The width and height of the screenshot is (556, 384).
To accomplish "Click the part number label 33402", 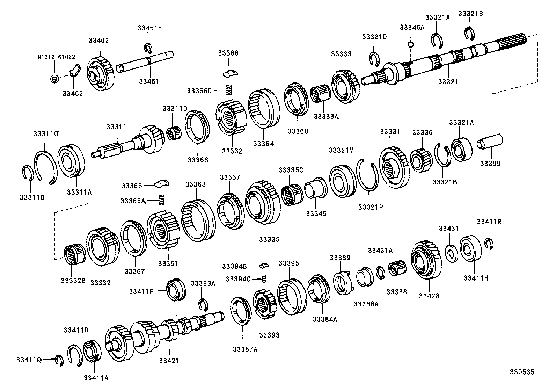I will [98, 41].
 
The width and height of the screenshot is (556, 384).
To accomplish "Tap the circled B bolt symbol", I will [54, 79].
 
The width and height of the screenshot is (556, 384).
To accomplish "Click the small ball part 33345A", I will [411, 44].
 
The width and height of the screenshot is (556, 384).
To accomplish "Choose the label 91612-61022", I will [56, 57].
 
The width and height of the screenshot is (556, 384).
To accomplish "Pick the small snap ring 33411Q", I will [59, 360].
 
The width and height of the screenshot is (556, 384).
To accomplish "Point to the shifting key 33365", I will [162, 183].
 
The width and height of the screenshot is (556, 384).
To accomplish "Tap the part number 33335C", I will [291, 170].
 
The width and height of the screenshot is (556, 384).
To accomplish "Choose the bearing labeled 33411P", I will [176, 290].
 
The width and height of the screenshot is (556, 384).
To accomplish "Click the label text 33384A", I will [325, 319].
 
